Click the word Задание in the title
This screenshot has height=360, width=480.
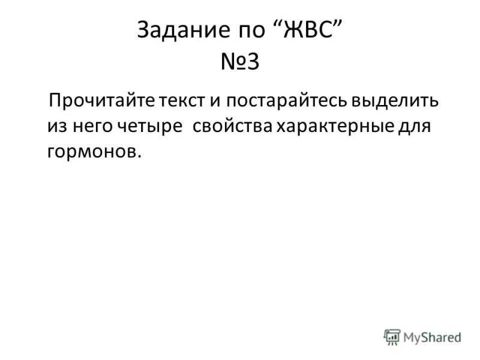click(x=183, y=29)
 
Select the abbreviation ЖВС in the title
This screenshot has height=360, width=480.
click(x=308, y=29)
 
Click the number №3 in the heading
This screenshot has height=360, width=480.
click(x=240, y=62)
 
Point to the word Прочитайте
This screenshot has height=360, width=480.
click(x=102, y=100)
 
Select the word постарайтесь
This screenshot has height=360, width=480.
click(x=287, y=101)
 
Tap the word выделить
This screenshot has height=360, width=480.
click(x=395, y=101)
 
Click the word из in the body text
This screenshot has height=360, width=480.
click(x=57, y=126)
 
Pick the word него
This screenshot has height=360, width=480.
click(x=92, y=126)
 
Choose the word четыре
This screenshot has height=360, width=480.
click(x=150, y=127)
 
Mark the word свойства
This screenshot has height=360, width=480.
click(x=233, y=126)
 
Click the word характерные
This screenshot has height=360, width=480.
click(x=335, y=127)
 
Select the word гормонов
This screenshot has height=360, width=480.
click(x=92, y=152)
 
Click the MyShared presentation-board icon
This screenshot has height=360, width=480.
click(x=392, y=337)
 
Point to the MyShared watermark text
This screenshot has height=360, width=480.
click(x=432, y=337)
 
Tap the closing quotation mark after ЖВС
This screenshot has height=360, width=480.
click(x=337, y=24)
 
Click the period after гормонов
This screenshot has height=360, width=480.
click(x=140, y=156)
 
